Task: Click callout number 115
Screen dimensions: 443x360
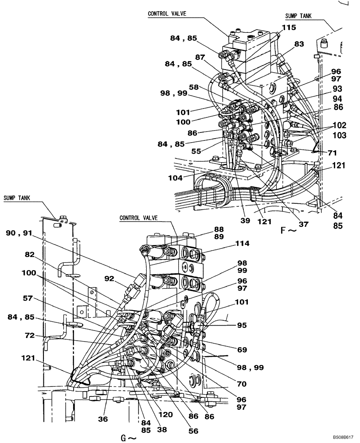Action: coord(289,27)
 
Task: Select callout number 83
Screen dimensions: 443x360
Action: coord(299,44)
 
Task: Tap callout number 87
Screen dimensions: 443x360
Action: coord(200,57)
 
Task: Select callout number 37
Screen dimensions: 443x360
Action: coord(303,224)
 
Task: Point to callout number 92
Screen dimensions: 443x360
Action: coord(110,279)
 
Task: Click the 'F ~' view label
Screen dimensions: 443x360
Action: coord(288,231)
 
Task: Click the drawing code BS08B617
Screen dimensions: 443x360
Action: coord(341,437)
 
